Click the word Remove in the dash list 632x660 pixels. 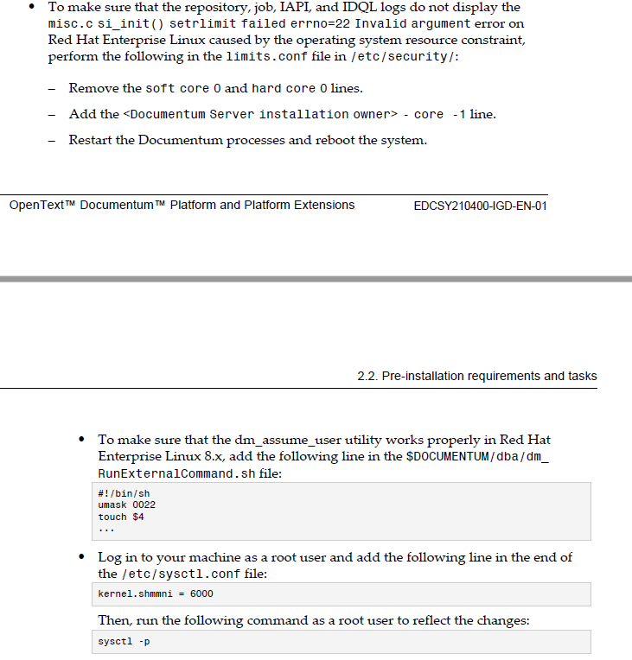tap(93, 88)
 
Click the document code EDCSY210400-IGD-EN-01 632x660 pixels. tap(481, 206)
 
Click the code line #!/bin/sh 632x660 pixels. tap(118, 493)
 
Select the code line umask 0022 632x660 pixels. tap(126, 505)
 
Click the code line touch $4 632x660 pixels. tap(121, 517)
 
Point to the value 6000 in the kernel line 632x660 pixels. tap(200, 593)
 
